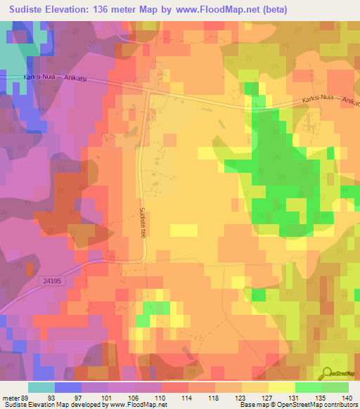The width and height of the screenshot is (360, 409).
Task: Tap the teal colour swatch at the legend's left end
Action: click(41, 387)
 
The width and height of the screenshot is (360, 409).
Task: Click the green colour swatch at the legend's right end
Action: click(335, 387)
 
